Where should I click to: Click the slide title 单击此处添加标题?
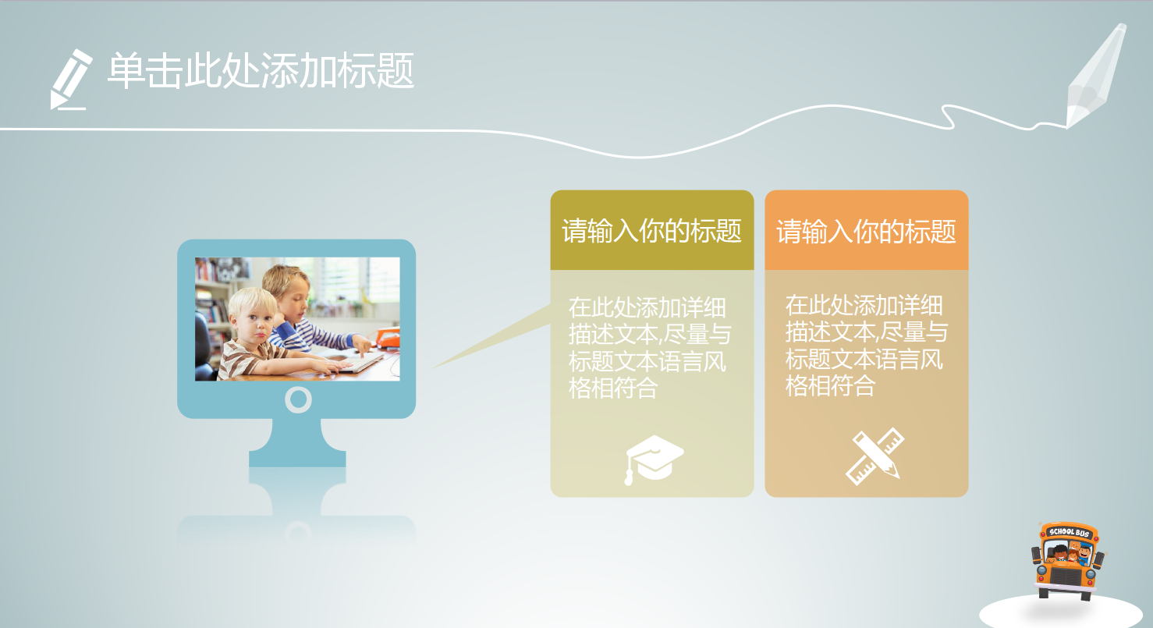[x=261, y=73]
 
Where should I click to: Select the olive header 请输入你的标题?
[x=651, y=231]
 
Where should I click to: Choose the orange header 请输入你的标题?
[x=866, y=231]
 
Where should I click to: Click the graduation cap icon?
[x=654, y=459]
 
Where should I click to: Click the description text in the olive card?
[x=649, y=347]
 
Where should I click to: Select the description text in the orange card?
[x=865, y=346]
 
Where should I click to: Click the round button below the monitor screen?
[x=298, y=399]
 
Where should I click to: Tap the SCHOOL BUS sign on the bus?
[x=1069, y=533]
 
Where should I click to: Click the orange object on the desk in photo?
[x=388, y=337]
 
